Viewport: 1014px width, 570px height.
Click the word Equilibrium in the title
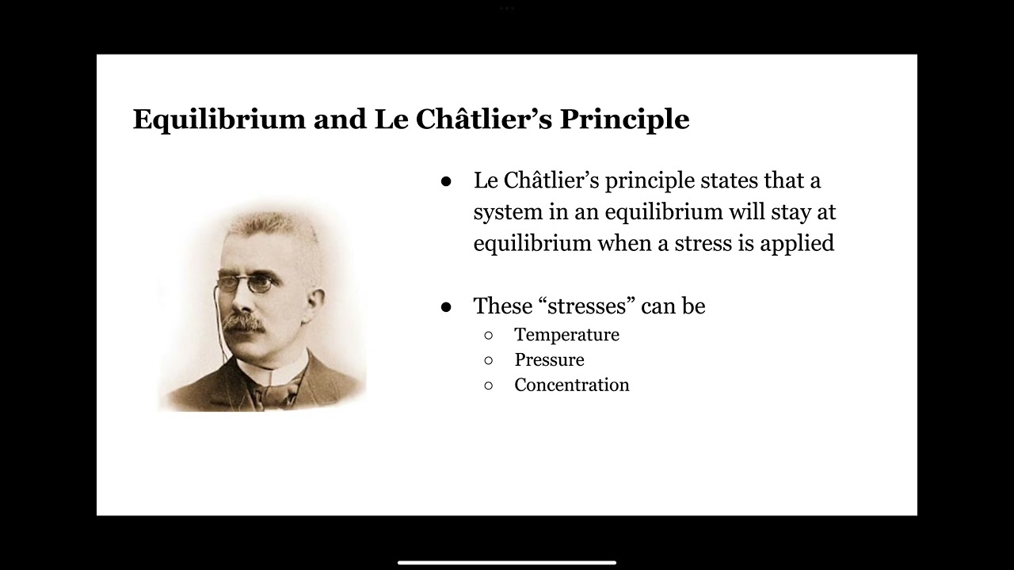(219, 120)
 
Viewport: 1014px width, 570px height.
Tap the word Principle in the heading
(625, 120)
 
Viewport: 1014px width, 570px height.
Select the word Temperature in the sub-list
(566, 335)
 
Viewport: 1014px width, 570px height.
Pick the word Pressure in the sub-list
(550, 359)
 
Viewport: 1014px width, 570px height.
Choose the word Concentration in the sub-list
(572, 385)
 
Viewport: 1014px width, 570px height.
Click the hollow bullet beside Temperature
(489, 336)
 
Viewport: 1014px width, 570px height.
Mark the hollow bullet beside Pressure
(489, 360)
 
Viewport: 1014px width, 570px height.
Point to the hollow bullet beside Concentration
(489, 386)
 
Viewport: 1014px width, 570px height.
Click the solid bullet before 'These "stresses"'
(446, 307)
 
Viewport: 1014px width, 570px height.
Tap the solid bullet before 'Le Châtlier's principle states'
(446, 182)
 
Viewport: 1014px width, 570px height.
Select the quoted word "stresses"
(587, 306)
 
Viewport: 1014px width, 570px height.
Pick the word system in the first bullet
(508, 213)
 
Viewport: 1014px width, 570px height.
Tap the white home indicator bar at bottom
(507, 563)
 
